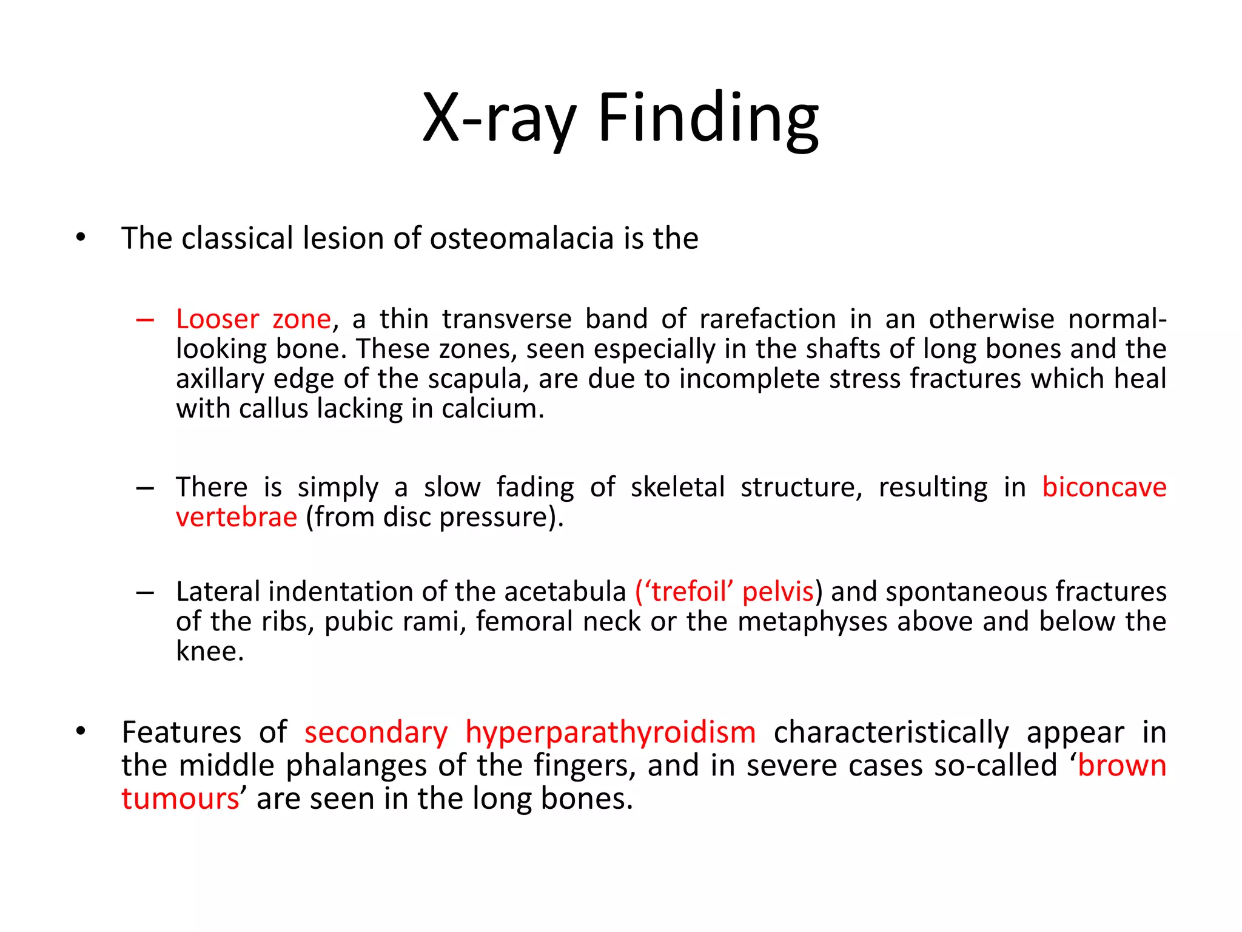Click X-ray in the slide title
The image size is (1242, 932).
tap(498, 118)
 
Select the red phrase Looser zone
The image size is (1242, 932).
tap(253, 319)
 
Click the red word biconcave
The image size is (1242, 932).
tap(1104, 487)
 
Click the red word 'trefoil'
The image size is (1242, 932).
tap(688, 592)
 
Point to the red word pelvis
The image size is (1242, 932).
tap(777, 592)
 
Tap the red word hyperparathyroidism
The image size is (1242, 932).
tap(610, 732)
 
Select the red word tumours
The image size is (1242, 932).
tap(180, 799)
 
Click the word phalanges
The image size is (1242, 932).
tap(357, 766)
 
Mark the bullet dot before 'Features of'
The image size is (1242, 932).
tap(81, 732)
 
